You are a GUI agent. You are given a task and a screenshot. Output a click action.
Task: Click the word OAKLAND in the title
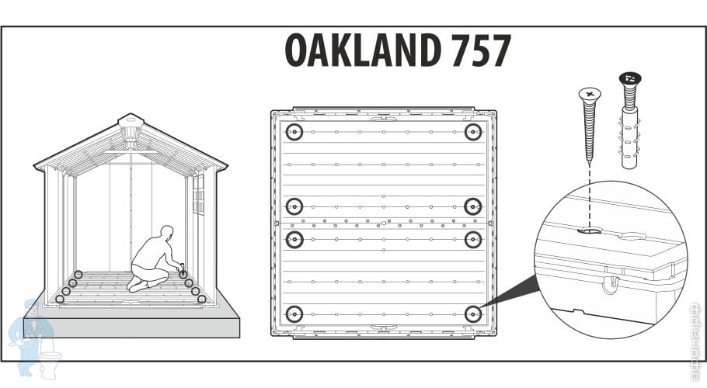click(x=361, y=51)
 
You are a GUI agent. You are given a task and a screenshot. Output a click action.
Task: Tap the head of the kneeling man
click(x=165, y=234)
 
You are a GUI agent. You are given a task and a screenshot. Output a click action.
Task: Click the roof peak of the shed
click(x=131, y=123)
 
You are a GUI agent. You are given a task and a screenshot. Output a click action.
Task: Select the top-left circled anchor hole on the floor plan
click(x=294, y=132)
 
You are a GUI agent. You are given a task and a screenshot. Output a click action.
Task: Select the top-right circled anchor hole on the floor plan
click(x=472, y=132)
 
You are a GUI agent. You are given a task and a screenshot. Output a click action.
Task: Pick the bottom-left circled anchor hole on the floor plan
click(x=294, y=314)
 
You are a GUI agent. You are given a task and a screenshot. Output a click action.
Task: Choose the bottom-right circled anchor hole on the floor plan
click(x=472, y=314)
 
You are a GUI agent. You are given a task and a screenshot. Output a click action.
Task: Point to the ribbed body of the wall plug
click(x=630, y=140)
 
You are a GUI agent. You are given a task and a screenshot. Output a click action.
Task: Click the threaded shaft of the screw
click(x=589, y=132)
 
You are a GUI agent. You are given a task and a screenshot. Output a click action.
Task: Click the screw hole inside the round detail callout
click(x=590, y=230)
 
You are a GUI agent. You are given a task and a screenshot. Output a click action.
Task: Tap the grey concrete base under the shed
click(x=132, y=327)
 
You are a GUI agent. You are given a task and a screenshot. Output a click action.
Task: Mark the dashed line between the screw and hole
click(x=589, y=194)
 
